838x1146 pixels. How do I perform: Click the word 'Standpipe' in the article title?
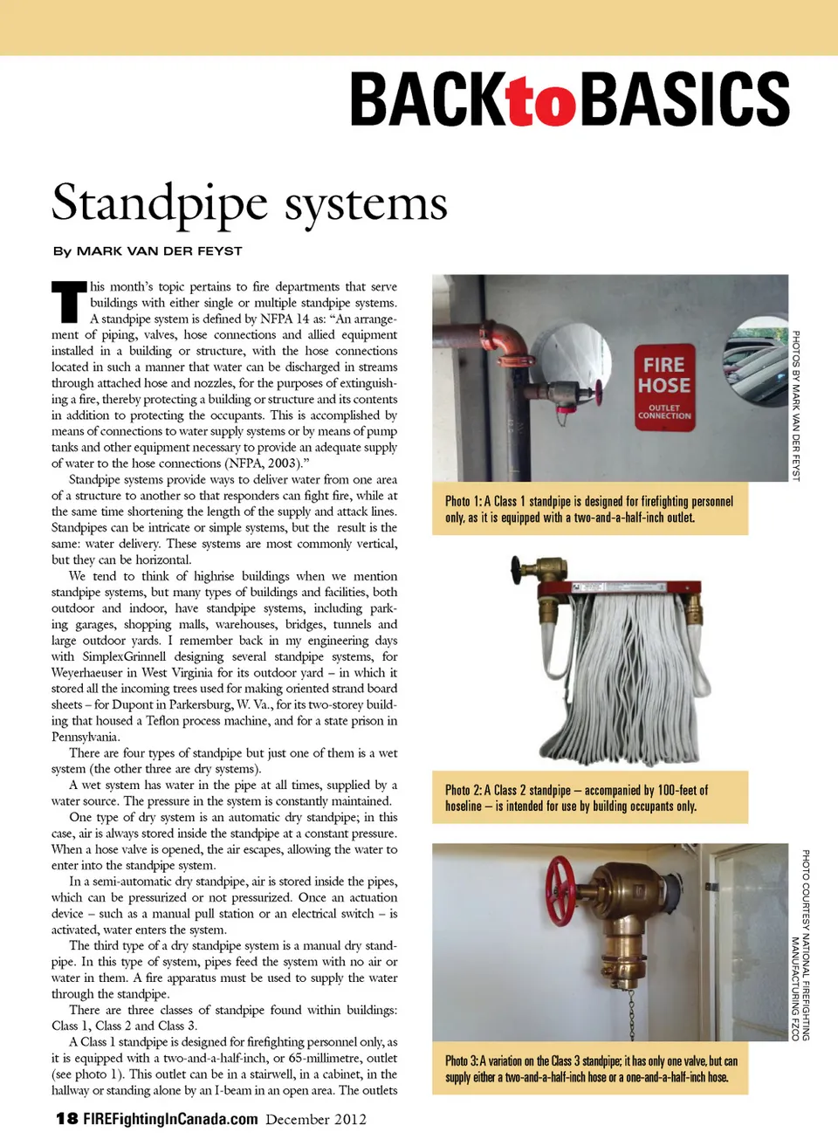pyautogui.click(x=160, y=203)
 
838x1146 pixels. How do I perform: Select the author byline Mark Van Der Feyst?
pyautogui.click(x=148, y=251)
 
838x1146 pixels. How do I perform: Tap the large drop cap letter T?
pyautogui.click(x=69, y=302)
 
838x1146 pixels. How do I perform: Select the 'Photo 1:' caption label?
pyautogui.click(x=463, y=502)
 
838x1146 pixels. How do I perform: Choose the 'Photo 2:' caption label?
pyautogui.click(x=463, y=791)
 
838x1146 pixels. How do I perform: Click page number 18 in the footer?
pyautogui.click(x=66, y=1119)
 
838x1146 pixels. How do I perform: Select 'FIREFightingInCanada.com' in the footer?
pyautogui.click(x=170, y=1119)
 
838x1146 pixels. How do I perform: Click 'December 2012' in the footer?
pyautogui.click(x=316, y=1119)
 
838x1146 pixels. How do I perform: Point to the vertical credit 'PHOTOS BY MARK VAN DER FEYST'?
pyautogui.click(x=795, y=405)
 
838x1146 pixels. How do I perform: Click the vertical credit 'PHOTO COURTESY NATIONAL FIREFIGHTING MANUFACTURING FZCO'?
pyautogui.click(x=800, y=944)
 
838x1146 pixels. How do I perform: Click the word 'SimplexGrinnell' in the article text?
pyautogui.click(x=124, y=656)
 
